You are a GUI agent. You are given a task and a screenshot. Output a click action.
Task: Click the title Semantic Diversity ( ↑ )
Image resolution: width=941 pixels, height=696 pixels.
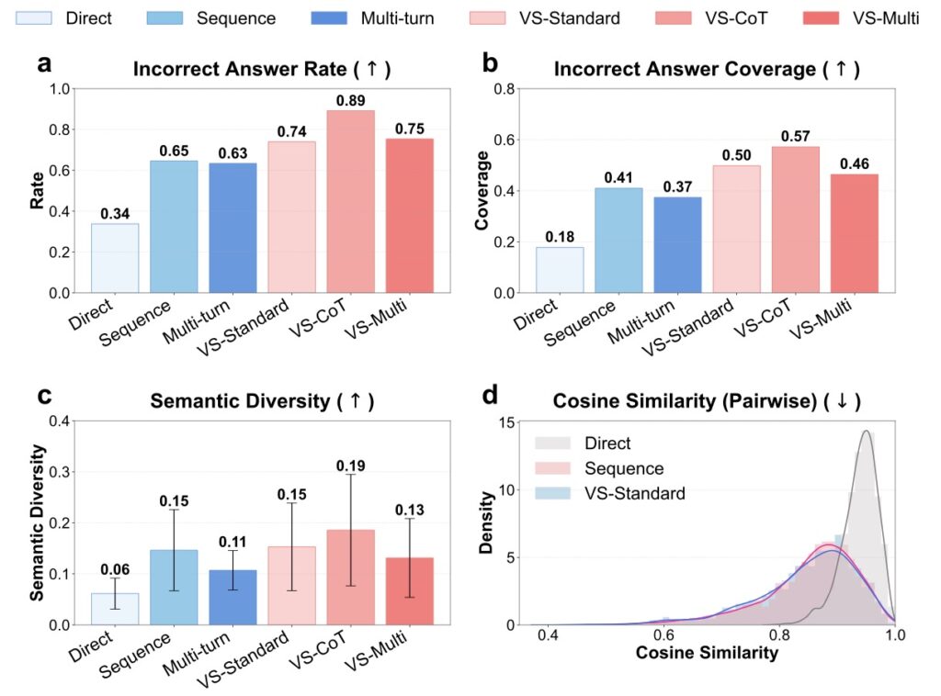254,401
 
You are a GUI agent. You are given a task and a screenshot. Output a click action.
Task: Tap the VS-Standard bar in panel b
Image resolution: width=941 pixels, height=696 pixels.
736,229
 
